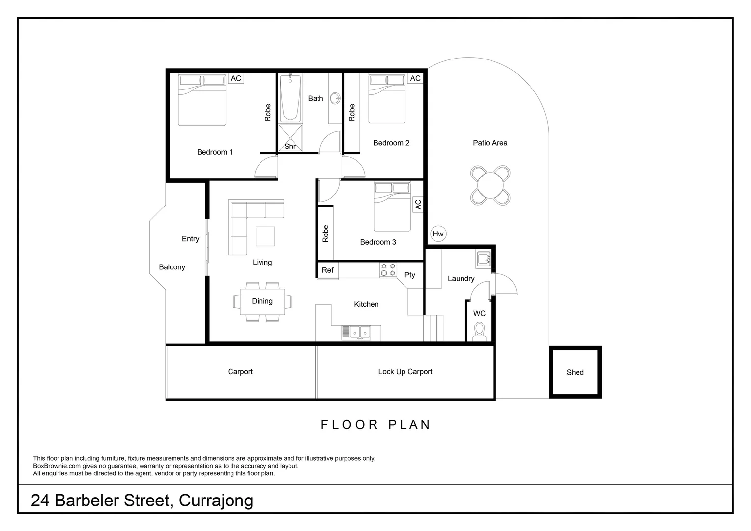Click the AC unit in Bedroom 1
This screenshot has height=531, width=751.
[236, 78]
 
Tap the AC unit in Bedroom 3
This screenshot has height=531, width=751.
[418, 204]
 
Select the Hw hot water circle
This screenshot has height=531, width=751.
[438, 234]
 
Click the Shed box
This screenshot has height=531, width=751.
[575, 372]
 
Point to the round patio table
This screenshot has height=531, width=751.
[490, 185]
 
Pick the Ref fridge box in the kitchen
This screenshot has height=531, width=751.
[327, 270]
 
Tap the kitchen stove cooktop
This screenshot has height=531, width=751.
[388, 269]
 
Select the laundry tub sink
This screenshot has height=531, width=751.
[483, 258]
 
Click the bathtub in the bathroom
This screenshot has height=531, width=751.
[290, 98]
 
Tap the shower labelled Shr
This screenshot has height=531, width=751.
[290, 138]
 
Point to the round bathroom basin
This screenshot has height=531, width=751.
[335, 98]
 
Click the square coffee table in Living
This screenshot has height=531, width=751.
[265, 236]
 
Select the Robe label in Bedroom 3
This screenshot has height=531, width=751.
[325, 234]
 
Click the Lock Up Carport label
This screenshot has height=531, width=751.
[405, 372]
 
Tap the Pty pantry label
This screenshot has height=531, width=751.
[410, 275]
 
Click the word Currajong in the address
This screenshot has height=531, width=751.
[216, 501]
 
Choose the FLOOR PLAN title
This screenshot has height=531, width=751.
[375, 425]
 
